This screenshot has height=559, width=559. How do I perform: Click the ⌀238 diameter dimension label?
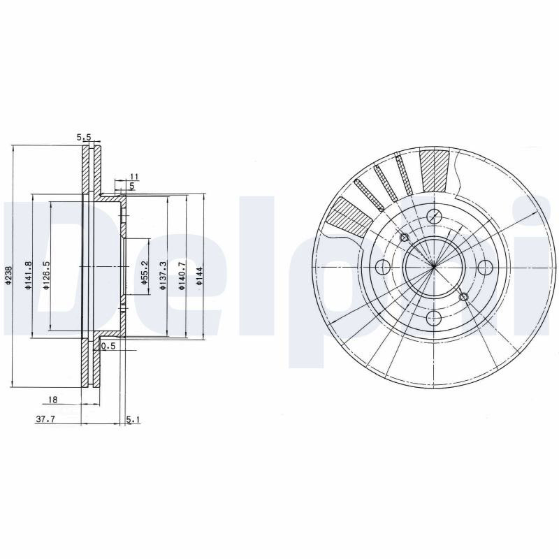pyautogui.click(x=8, y=275)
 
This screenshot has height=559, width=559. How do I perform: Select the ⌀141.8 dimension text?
pyautogui.click(x=29, y=275)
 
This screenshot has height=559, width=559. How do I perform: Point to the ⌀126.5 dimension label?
pyautogui.click(x=46, y=275)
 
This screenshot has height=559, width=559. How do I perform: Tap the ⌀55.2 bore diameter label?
pyautogui.click(x=144, y=273)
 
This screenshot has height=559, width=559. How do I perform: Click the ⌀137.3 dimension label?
pyautogui.click(x=163, y=275)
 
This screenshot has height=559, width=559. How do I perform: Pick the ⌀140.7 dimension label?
pyautogui.click(x=182, y=275)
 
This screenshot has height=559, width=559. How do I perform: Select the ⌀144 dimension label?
pyautogui.click(x=199, y=276)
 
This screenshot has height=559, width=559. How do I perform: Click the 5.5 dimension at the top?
pyautogui.click(x=85, y=136)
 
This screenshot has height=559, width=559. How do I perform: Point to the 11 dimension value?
pyautogui.click(x=134, y=176)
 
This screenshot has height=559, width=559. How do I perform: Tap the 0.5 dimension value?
pyautogui.click(x=108, y=345)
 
